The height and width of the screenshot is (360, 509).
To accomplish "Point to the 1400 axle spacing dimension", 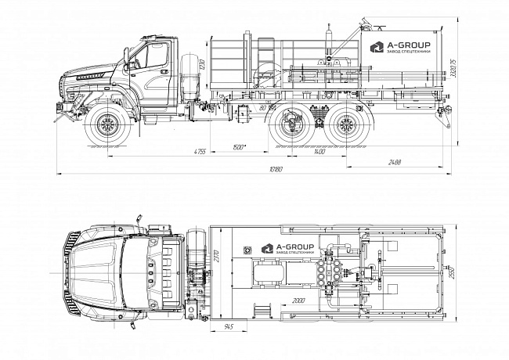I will point(318,150).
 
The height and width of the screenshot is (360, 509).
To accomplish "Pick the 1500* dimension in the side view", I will point(241,146).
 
